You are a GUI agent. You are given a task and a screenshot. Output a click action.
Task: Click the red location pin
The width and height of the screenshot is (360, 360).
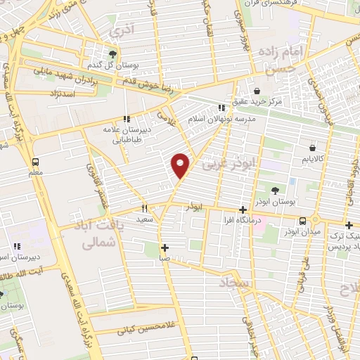(x=181, y=165)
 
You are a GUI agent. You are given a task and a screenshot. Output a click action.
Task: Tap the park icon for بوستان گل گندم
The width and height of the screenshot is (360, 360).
(x=112, y=53)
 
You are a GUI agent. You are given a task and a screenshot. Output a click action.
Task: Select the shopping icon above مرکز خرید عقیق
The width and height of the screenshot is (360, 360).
(x=257, y=91)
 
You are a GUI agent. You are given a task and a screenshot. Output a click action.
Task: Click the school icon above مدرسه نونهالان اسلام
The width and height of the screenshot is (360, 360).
(x=221, y=108)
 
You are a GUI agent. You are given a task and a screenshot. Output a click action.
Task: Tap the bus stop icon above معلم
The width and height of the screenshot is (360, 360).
(x=35, y=161)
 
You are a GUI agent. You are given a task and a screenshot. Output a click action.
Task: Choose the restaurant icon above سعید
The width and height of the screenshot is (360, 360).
(x=145, y=208)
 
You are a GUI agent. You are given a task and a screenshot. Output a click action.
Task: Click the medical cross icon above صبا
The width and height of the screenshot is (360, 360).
(x=165, y=247)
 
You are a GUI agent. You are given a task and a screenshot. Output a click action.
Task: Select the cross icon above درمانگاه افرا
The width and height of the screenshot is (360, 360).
(x=243, y=210)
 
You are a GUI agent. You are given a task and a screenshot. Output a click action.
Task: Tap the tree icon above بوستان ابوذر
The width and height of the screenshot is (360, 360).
(x=275, y=191)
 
